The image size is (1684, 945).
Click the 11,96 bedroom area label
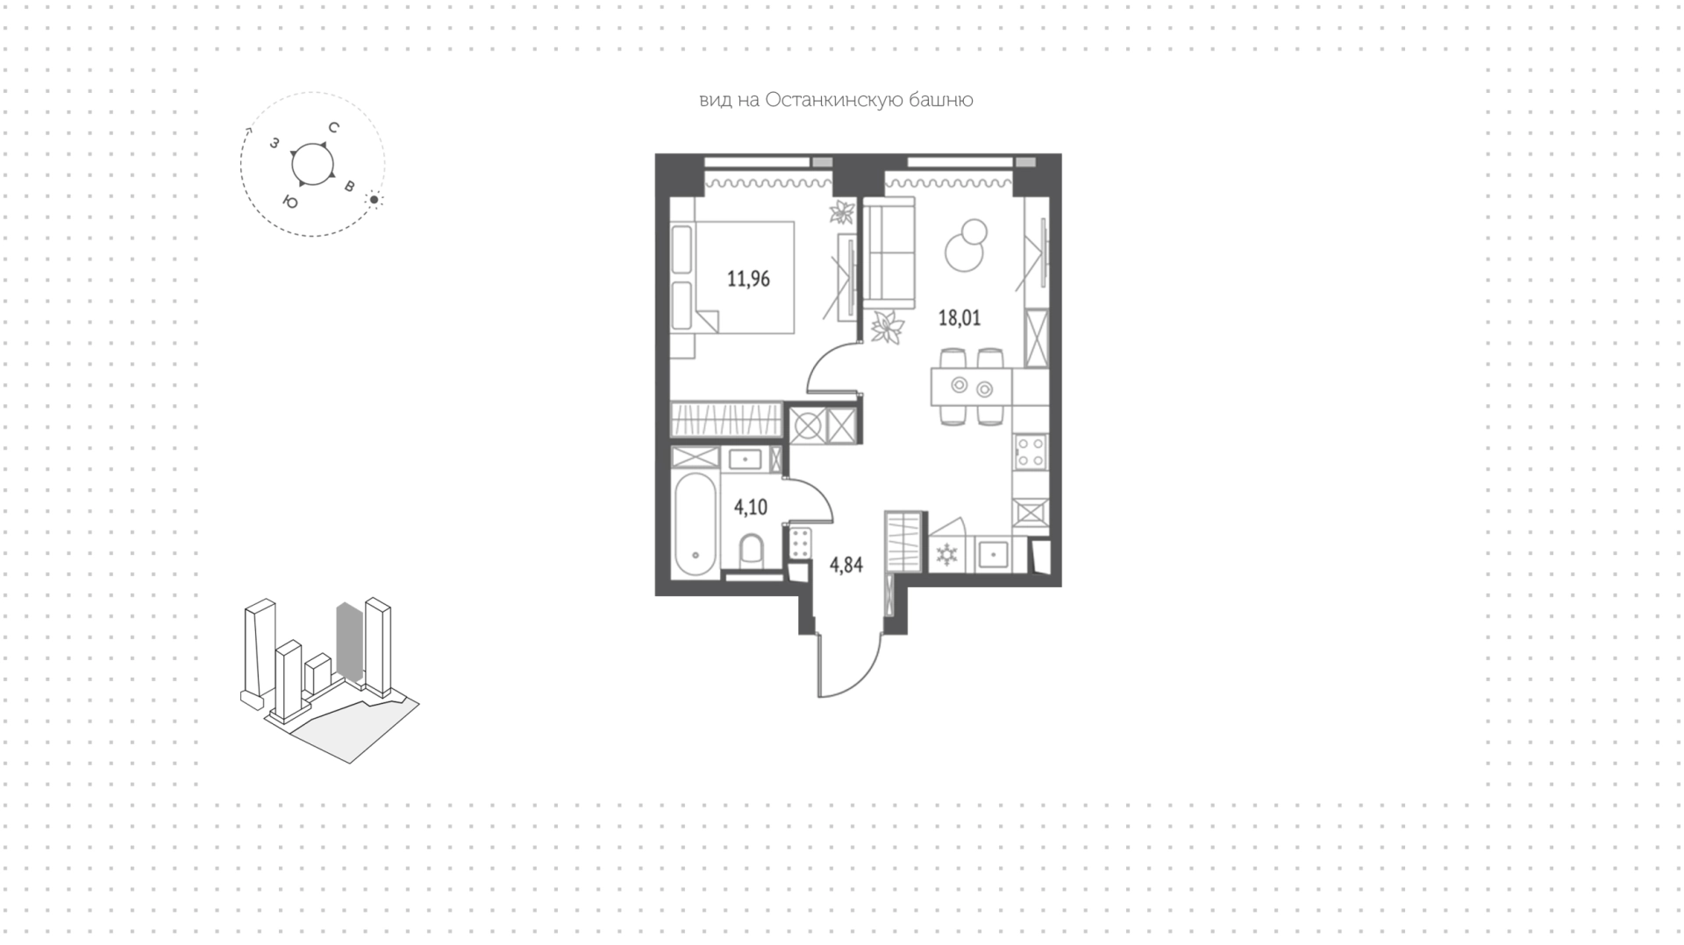(748, 280)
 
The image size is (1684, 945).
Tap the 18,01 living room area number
(960, 317)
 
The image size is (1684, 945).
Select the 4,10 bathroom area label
(751, 507)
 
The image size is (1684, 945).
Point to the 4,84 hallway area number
(846, 565)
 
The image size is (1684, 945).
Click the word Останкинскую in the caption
(829, 100)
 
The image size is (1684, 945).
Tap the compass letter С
(333, 128)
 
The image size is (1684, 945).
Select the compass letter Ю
(289, 202)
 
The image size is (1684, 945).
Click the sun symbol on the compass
(374, 200)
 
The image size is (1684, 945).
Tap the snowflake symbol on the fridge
(947, 554)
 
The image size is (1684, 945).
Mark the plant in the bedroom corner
(843, 212)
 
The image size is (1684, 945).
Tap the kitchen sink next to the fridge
(993, 554)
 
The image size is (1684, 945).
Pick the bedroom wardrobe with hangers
(726, 419)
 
